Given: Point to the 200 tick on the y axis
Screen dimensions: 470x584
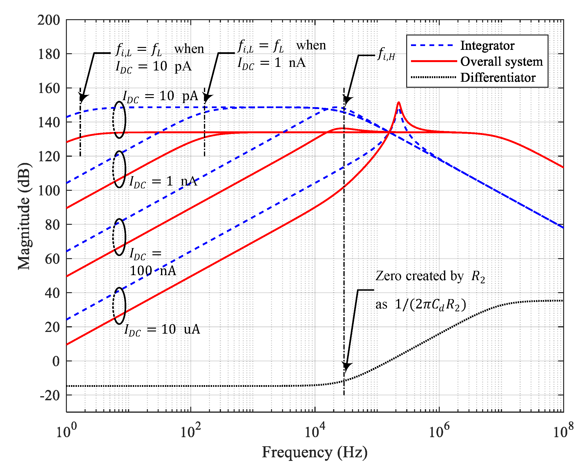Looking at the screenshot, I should click(49, 20).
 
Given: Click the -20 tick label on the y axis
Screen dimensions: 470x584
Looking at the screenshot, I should click(50, 396).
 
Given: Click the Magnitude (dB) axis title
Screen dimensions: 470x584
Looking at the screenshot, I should click(24, 216).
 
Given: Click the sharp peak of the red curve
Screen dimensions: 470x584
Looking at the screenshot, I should click(399, 102).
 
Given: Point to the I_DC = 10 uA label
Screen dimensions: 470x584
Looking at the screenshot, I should click(162, 330).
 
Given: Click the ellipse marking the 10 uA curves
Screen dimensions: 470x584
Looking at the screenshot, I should click(119, 306).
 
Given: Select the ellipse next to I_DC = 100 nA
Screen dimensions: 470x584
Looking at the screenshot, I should click(119, 237).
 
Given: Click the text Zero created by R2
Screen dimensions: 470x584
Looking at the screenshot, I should click(430, 277).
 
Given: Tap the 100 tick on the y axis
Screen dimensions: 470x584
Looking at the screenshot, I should click(49, 191).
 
